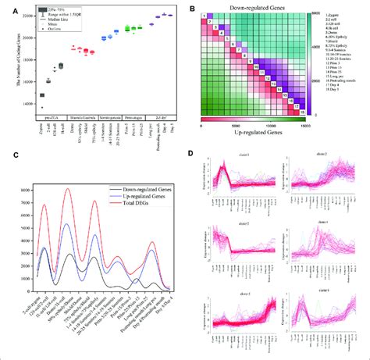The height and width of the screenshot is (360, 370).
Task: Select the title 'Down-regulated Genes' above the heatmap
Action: tap(257, 6)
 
